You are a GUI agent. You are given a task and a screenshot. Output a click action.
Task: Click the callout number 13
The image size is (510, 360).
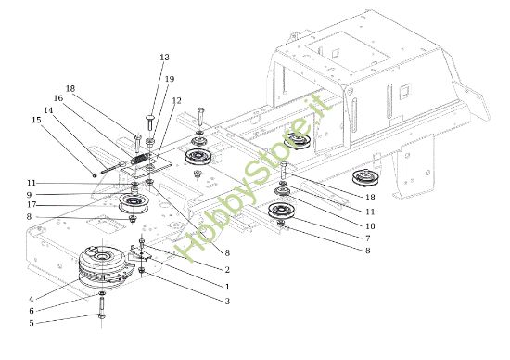164,58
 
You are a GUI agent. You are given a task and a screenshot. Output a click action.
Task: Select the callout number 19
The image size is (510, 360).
169,79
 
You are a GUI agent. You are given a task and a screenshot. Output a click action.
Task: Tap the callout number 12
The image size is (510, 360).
176,100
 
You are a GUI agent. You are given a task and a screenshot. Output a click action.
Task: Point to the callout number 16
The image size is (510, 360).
57,97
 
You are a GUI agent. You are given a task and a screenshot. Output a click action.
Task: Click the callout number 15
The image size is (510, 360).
36,120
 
